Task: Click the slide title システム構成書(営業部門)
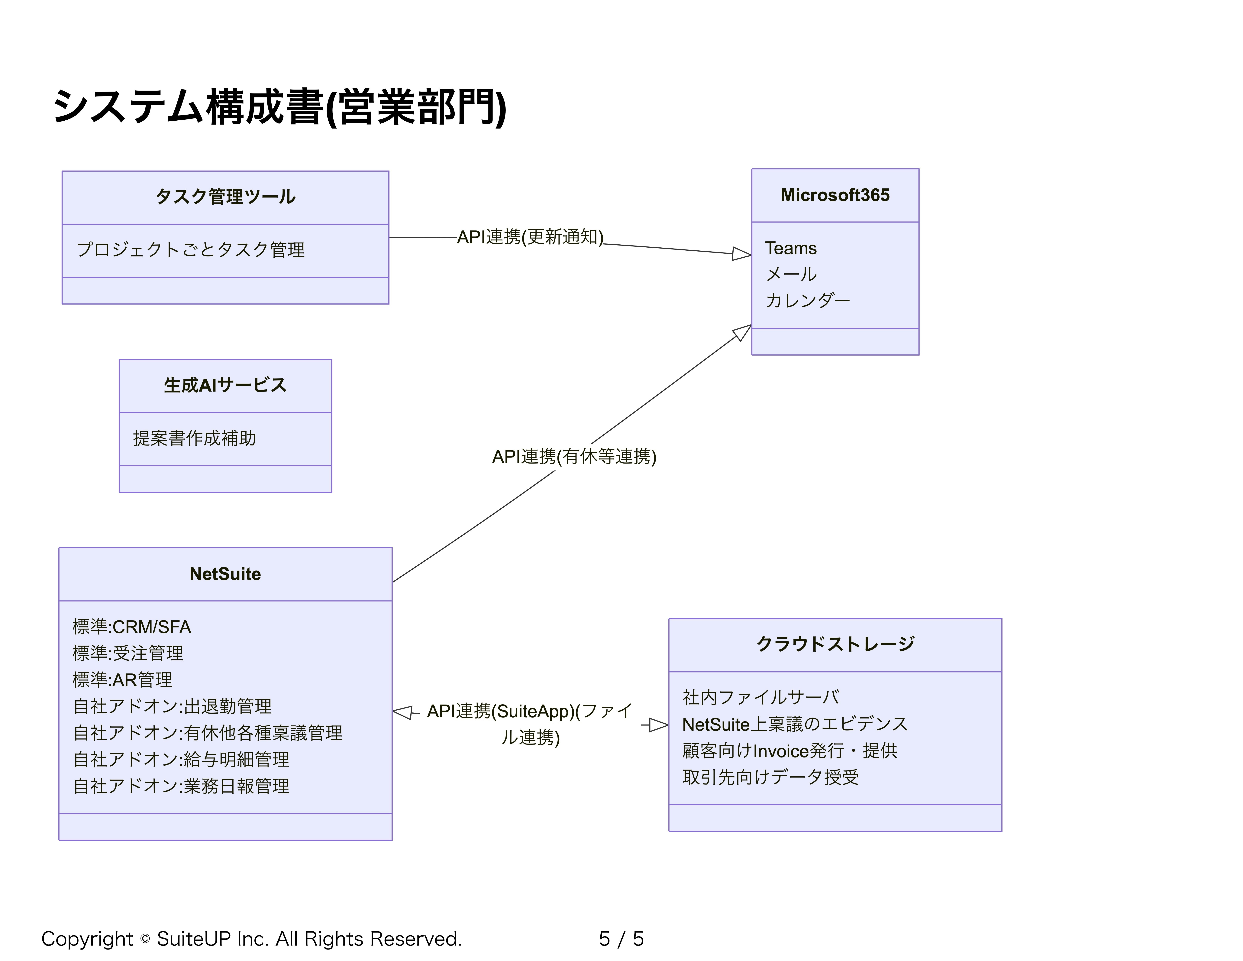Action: pos(279,107)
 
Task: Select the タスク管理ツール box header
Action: pos(225,197)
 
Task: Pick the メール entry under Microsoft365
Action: pos(791,274)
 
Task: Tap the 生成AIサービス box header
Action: pos(225,385)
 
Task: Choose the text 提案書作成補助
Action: pos(195,438)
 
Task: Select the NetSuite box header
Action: pos(225,574)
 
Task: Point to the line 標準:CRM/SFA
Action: pos(132,627)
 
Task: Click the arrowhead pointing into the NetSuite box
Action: pos(402,712)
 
